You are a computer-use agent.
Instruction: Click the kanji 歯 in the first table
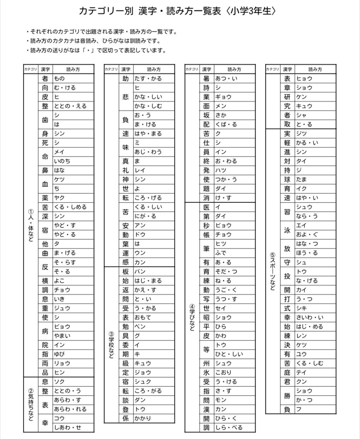pyautogui.click(x=45, y=120)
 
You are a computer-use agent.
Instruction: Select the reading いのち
pyautogui.click(x=62, y=161)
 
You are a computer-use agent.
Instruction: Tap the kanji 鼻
pyautogui.click(x=45, y=170)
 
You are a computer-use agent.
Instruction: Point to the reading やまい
pyautogui.click(x=62, y=336)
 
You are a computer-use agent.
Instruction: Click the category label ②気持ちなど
pyautogui.click(x=31, y=404)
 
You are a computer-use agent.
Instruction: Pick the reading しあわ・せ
pyautogui.click(x=67, y=427)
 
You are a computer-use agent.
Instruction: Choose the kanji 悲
pyautogui.click(x=126, y=97)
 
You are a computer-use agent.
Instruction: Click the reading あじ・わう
pyautogui.click(x=148, y=152)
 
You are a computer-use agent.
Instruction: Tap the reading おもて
pyautogui.click(x=143, y=317)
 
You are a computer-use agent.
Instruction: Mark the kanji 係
pyautogui.click(x=126, y=418)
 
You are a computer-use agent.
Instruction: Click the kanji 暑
pyautogui.click(x=206, y=78)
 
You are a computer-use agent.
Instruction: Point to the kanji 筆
pyautogui.click(x=206, y=248)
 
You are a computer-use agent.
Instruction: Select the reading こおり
pyautogui.click(x=223, y=372)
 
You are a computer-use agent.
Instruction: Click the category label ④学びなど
pyautogui.click(x=192, y=317)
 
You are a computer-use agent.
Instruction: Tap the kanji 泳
pyautogui.click(x=287, y=230)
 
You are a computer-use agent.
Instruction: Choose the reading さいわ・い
pyautogui.click(x=310, y=317)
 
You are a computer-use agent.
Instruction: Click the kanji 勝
pyautogui.click(x=287, y=395)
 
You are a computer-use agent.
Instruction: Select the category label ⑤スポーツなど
pyautogui.click(x=272, y=271)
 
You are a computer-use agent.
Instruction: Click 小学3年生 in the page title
pyautogui.click(x=252, y=11)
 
